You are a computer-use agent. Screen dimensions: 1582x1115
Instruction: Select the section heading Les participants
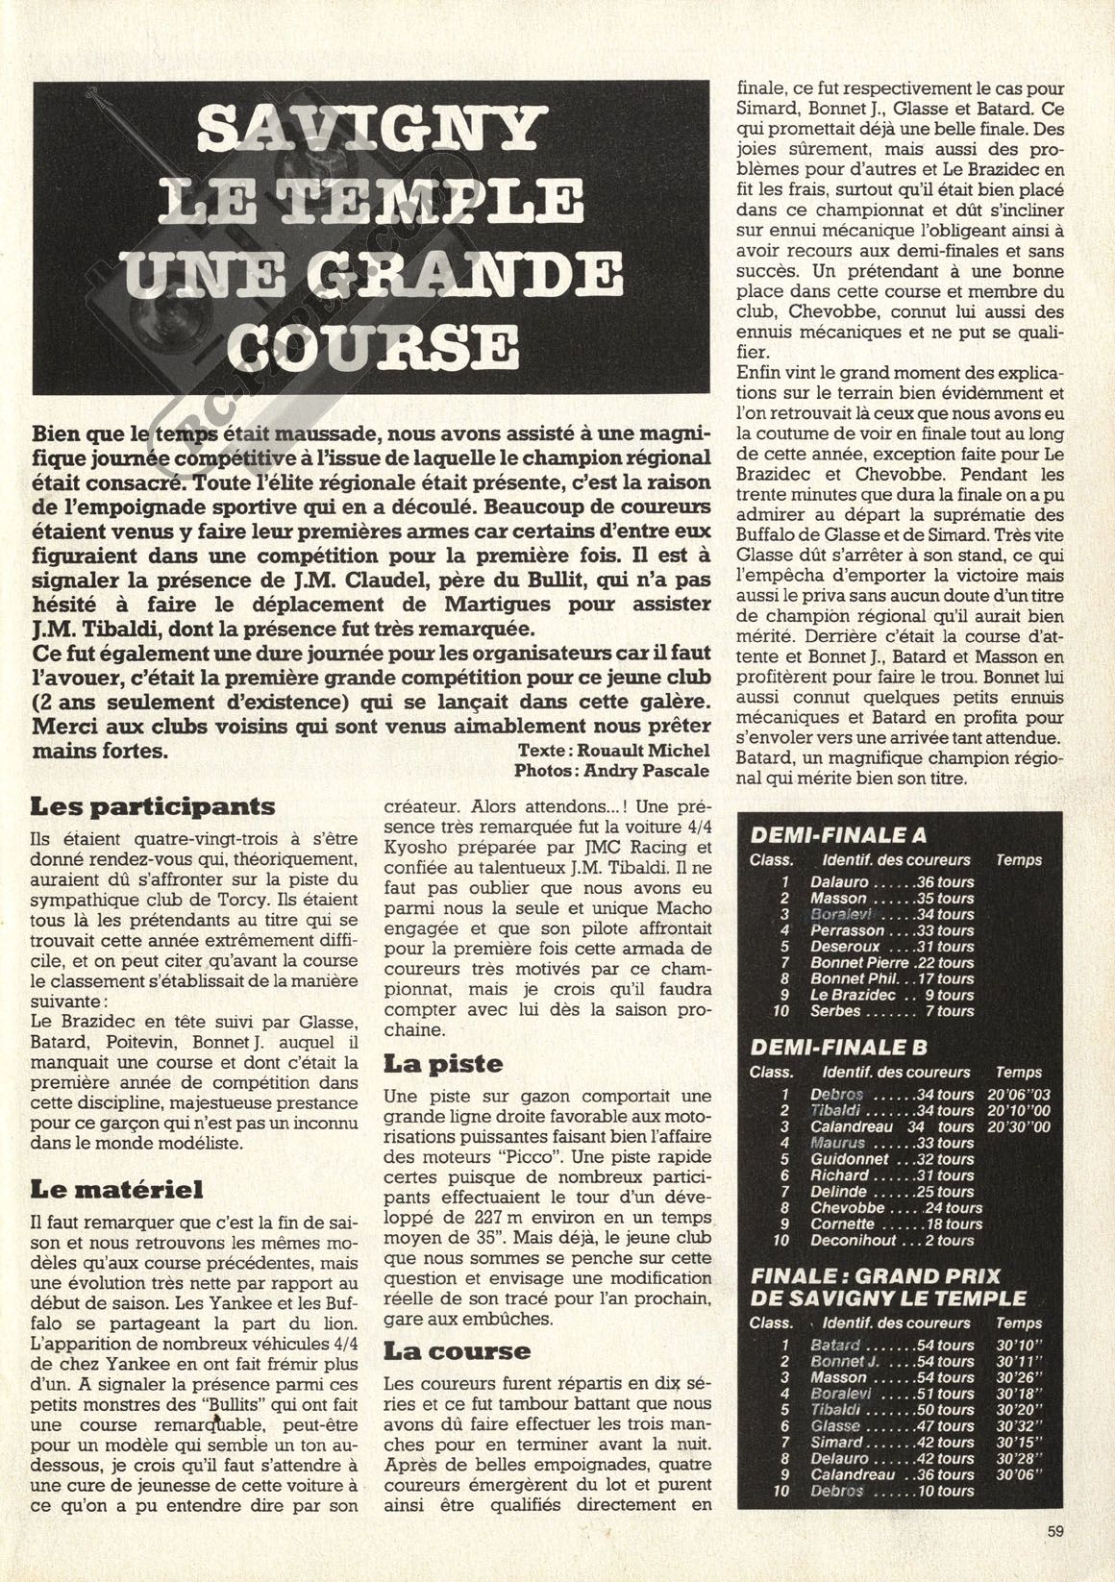[x=152, y=806]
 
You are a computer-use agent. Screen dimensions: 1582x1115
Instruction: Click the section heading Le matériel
[x=117, y=1190]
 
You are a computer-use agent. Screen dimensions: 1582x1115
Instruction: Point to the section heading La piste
[x=443, y=1064]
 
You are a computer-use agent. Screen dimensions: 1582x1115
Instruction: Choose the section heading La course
[x=457, y=1350]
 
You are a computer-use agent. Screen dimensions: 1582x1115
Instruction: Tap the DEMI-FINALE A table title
[x=837, y=836]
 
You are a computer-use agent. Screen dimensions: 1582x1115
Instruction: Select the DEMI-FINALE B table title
[x=837, y=1048]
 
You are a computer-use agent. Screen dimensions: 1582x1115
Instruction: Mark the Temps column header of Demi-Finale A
[x=1018, y=860]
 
